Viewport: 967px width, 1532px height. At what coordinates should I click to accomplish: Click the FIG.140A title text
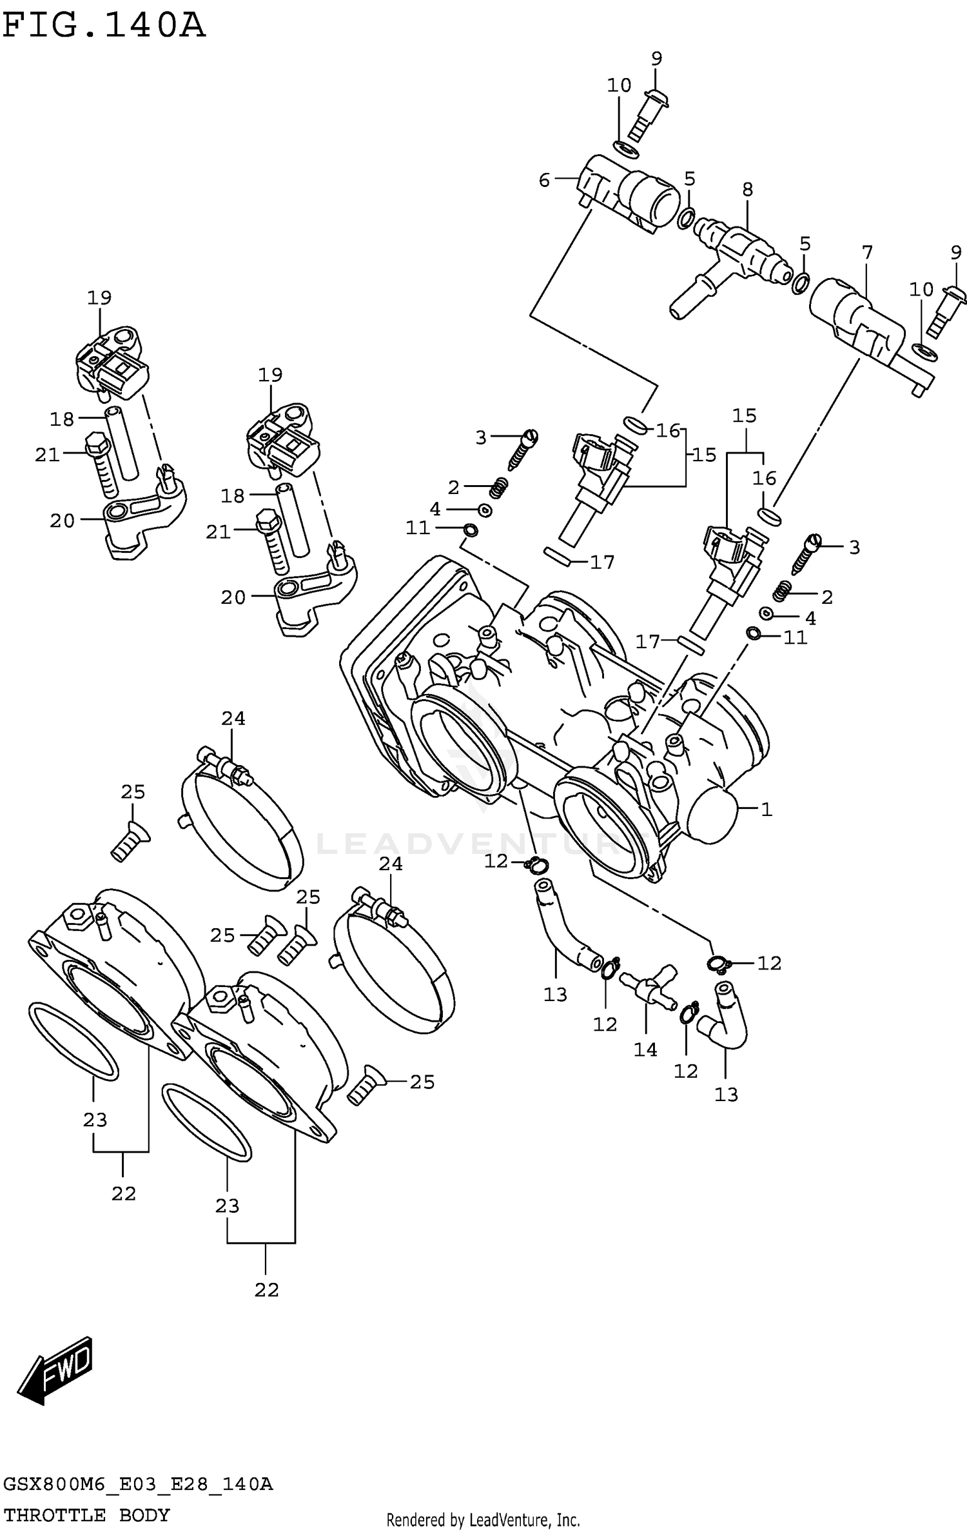(x=103, y=26)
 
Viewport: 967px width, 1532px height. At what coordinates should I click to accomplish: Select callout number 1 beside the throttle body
(x=767, y=809)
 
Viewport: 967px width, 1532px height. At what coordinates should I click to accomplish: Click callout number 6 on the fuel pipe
(x=544, y=180)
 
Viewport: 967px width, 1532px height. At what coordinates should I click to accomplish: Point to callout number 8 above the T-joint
(x=747, y=189)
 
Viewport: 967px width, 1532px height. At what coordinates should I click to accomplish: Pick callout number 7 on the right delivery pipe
(x=867, y=253)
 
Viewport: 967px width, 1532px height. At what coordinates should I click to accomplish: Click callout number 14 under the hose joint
(x=645, y=1050)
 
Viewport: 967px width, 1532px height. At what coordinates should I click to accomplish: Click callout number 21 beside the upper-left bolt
(x=47, y=455)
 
